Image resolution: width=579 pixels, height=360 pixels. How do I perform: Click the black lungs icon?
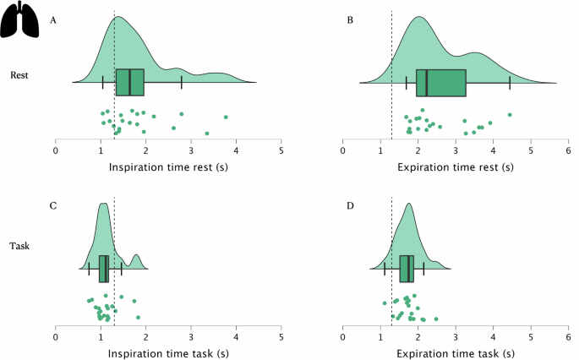click(x=20, y=20)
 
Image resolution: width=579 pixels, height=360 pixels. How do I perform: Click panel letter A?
click(x=54, y=19)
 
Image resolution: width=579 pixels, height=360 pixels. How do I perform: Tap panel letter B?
click(x=350, y=19)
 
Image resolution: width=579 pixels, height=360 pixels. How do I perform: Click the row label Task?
click(x=20, y=248)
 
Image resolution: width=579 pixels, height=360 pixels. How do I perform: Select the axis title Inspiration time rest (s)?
click(x=169, y=166)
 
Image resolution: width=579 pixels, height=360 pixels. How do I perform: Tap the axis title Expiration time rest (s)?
click(x=456, y=166)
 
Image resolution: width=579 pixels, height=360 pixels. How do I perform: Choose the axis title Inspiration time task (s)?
click(x=169, y=347)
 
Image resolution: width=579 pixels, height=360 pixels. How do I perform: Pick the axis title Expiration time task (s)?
click(x=456, y=347)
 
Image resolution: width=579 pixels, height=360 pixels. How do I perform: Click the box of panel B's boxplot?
click(x=441, y=82)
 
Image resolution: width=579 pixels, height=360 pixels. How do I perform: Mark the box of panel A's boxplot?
click(x=129, y=82)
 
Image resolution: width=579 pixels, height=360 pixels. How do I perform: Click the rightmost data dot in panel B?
click(x=510, y=115)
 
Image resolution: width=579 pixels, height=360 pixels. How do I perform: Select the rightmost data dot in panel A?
click(x=226, y=117)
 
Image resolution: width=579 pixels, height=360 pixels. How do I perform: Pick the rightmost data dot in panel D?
click(x=436, y=319)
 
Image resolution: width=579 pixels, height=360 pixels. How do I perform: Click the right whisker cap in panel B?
click(x=510, y=82)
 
